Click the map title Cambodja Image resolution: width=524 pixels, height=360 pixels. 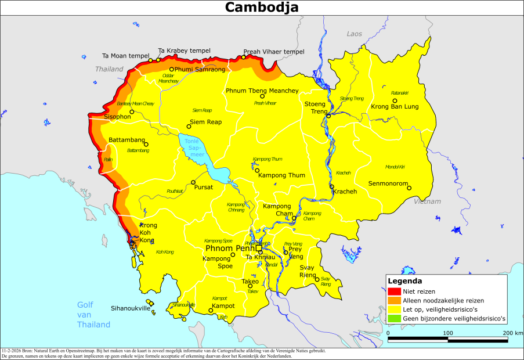click(262, 8)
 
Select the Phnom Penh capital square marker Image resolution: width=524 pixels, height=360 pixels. click(259, 249)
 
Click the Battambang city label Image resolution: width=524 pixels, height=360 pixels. click(127, 141)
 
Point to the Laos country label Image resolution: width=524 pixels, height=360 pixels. click(354, 34)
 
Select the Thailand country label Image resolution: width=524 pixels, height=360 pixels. click(110, 69)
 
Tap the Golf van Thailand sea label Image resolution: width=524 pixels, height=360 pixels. click(93, 315)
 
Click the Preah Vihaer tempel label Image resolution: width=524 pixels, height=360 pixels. click(273, 51)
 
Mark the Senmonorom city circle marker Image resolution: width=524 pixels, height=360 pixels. click(409, 188)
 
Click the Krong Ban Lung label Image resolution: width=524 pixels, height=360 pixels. click(395, 107)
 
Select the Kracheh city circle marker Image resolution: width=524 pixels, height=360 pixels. click(332, 187)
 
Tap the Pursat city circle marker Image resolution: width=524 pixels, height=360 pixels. click(193, 182)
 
